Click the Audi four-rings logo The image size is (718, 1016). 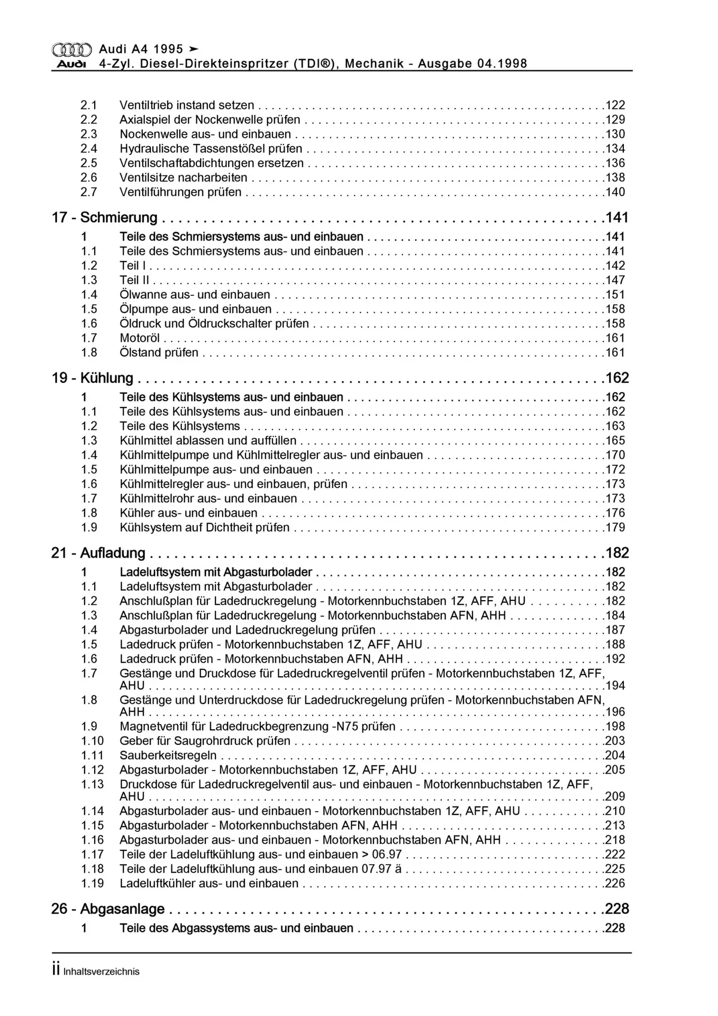(x=71, y=50)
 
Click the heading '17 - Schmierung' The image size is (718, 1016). (x=104, y=217)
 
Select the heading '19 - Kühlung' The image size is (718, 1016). (x=92, y=378)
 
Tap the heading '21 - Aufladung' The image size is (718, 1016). (x=98, y=553)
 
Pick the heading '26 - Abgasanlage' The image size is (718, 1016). (x=108, y=909)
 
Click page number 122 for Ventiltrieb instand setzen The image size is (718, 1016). (x=615, y=105)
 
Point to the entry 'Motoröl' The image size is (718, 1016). (x=140, y=338)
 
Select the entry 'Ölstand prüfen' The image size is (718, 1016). (x=159, y=352)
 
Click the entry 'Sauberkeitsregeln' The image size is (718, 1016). (x=168, y=756)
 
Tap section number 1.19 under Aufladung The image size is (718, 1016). (x=92, y=883)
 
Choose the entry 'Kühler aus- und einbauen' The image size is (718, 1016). (x=188, y=513)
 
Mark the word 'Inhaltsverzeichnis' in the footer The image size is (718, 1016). (x=101, y=972)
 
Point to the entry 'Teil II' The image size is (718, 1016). (x=134, y=280)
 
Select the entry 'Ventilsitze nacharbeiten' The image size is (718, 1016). (x=183, y=178)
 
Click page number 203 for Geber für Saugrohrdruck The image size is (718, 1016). (x=615, y=741)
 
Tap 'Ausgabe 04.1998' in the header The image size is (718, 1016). (x=472, y=64)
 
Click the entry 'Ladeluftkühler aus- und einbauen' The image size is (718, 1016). (x=209, y=883)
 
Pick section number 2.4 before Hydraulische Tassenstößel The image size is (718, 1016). (x=89, y=149)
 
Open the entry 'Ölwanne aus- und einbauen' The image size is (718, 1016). (x=195, y=295)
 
